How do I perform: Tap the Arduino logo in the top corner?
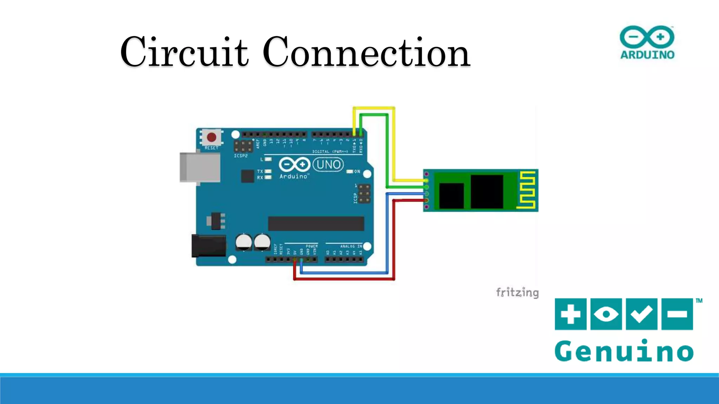(647, 42)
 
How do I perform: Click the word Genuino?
(624, 351)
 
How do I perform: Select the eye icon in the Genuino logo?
(606, 314)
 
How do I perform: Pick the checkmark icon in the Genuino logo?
(641, 314)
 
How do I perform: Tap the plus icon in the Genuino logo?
(570, 314)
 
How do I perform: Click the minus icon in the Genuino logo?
(677, 314)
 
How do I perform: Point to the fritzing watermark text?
(517, 292)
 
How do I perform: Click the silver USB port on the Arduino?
(200, 167)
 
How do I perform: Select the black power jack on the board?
(209, 245)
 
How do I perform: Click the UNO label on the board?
(328, 164)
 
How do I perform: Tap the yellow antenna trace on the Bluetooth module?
(528, 190)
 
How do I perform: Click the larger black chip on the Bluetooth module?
(487, 191)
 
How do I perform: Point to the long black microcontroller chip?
(316, 223)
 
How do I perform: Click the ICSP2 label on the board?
(241, 156)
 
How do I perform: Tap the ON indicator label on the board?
(357, 171)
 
